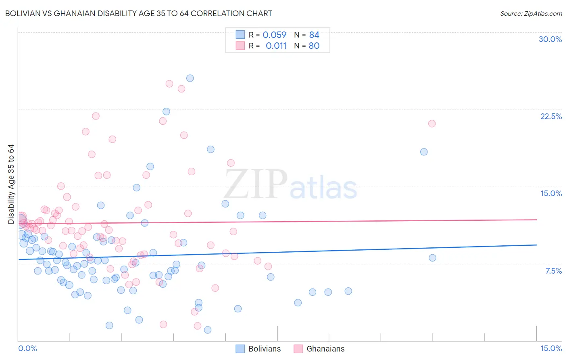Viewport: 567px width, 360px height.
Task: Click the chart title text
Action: pyautogui.click(x=139, y=13)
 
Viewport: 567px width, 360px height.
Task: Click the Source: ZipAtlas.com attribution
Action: pyautogui.click(x=531, y=13)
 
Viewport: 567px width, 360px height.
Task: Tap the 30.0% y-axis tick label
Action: pyautogui.click(x=550, y=39)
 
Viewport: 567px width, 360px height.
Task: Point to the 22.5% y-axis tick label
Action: pyautogui.click(x=551, y=116)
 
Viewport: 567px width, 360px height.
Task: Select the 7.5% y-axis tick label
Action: pyautogui.click(x=553, y=271)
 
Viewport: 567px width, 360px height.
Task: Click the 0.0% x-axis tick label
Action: pyautogui.click(x=27, y=348)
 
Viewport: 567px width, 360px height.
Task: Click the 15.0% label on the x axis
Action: pyautogui.click(x=551, y=348)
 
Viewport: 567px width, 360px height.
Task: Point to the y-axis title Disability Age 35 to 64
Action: pyautogui.click(x=11, y=184)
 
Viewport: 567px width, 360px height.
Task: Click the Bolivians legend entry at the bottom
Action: pyautogui.click(x=258, y=349)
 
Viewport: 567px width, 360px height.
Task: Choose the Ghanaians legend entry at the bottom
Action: pyautogui.click(x=319, y=349)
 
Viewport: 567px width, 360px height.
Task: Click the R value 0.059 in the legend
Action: pyautogui.click(x=274, y=35)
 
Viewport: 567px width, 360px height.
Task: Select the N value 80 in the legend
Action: pyautogui.click(x=314, y=46)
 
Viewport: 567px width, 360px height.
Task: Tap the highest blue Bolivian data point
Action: pyautogui.click(x=190, y=78)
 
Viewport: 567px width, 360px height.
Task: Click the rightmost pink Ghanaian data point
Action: pyautogui.click(x=432, y=123)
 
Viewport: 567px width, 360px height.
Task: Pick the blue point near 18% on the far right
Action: pyautogui.click(x=424, y=152)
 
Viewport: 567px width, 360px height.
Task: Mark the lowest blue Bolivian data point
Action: pyautogui.click(x=208, y=330)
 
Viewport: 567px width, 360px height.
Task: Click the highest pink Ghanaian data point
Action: pyautogui.click(x=169, y=84)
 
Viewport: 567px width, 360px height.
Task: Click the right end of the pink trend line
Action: pyautogui.click(x=536, y=220)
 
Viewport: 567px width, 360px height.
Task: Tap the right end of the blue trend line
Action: pyautogui.click(x=536, y=245)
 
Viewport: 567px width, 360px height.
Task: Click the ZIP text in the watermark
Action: pyautogui.click(x=256, y=184)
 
